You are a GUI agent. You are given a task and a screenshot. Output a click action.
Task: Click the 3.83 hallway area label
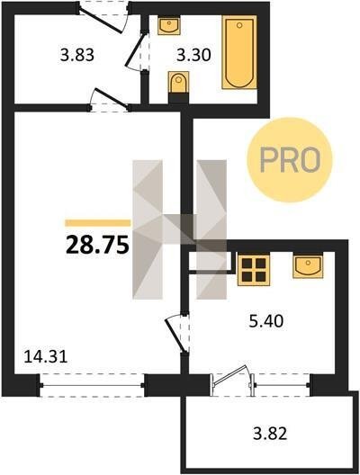pyautogui.click(x=77, y=56)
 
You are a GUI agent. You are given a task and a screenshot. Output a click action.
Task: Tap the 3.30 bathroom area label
pyautogui.click(x=193, y=56)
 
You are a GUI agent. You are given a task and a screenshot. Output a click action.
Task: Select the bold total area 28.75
pyautogui.click(x=97, y=245)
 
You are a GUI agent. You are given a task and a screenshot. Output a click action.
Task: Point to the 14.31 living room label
pyautogui.click(x=46, y=356)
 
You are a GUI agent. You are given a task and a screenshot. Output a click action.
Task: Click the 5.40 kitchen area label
pyautogui.click(x=266, y=321)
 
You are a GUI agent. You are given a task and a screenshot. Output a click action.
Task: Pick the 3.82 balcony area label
pyautogui.click(x=270, y=434)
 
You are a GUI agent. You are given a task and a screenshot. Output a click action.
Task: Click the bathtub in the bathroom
pyautogui.click(x=239, y=52)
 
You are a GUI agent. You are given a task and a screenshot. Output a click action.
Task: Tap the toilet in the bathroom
pyautogui.click(x=178, y=84)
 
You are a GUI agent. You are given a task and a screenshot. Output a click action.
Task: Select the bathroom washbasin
pyautogui.click(x=169, y=25)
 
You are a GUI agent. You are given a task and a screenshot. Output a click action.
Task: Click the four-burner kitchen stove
pyautogui.click(x=254, y=270)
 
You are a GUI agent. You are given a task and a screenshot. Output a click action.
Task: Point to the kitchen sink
pyautogui.click(x=308, y=266)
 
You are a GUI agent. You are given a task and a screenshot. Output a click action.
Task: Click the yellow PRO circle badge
pyautogui.click(x=290, y=159)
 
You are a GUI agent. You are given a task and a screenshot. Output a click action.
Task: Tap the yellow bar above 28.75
pyautogui.click(x=98, y=223)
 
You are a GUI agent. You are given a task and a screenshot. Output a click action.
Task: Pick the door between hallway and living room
pyautogui.click(x=111, y=97)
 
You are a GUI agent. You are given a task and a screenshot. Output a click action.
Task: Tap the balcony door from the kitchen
pyautogui.click(x=230, y=375)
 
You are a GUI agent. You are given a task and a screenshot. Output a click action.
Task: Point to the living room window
pyautogui.click(x=92, y=385)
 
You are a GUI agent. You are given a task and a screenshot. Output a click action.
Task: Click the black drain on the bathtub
pyautogui.click(x=239, y=25)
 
